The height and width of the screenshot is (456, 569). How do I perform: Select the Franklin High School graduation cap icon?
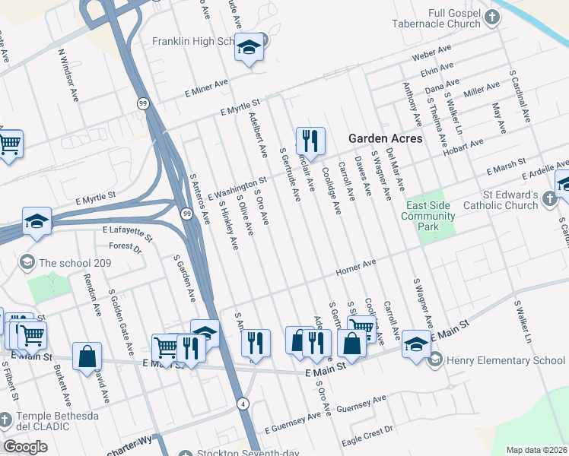248,49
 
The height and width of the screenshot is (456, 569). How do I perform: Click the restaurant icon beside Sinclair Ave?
310,141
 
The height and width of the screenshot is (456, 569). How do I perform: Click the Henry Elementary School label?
506,359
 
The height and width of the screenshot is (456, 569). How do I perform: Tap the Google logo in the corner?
25,446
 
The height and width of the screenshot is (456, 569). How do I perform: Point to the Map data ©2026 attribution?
537,450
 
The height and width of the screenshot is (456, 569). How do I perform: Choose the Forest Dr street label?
126,247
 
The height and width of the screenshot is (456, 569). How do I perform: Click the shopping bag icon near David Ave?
87,356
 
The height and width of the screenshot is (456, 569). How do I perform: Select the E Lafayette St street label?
128,232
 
